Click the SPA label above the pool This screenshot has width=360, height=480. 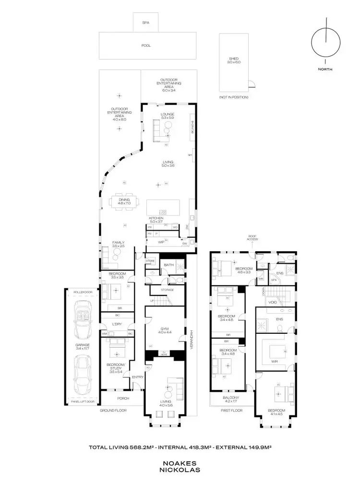(x=145, y=23)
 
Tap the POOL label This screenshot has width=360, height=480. (x=146, y=46)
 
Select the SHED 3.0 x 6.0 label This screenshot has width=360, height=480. (x=233, y=60)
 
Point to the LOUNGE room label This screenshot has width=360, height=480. (x=167, y=116)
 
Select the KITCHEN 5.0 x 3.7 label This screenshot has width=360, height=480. (x=156, y=220)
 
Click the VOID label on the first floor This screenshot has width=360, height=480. (x=272, y=303)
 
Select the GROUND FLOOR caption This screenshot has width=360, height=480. (x=113, y=411)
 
